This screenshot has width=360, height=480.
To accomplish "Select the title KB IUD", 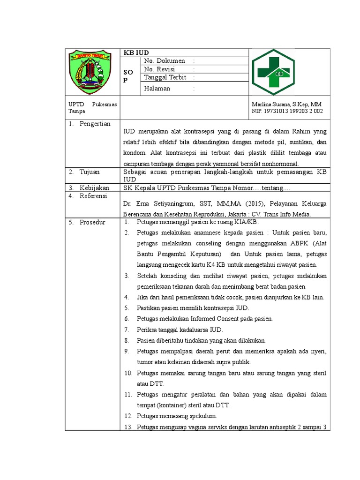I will tap(133, 52).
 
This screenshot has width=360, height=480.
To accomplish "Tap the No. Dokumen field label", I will tap(165, 61).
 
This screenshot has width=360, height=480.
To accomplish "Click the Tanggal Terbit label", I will tap(165, 77).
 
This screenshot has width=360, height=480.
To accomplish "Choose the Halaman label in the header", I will tap(157, 88).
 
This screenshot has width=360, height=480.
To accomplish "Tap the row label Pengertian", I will tap(95, 124).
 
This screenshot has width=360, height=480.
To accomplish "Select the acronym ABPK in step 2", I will tap(295, 244).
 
